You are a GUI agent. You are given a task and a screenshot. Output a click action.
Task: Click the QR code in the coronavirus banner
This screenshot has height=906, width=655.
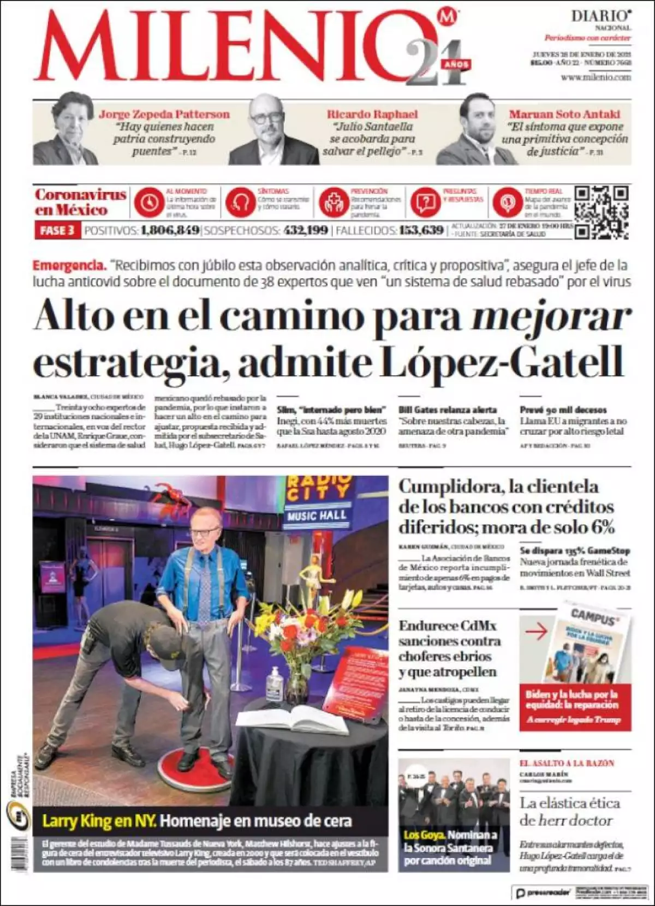pyautogui.click(x=601, y=212)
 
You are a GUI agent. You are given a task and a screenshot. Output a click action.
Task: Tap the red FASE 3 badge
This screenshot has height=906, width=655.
pyautogui.click(x=57, y=230)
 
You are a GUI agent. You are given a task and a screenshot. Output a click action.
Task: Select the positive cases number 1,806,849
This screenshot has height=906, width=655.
pyautogui.click(x=169, y=230)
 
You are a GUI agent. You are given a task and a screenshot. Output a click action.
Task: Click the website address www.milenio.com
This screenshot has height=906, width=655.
pyautogui.click(x=596, y=77)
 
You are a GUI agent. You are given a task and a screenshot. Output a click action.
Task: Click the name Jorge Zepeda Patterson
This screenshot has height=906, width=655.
pyautogui.click(x=164, y=115)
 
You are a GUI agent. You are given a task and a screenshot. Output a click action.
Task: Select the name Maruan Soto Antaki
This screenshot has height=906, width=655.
pyautogui.click(x=564, y=115)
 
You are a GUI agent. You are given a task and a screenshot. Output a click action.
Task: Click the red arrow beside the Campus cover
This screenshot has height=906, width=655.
pyautogui.click(x=536, y=632)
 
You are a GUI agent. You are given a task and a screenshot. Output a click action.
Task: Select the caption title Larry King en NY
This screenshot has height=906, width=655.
pyautogui.click(x=99, y=821)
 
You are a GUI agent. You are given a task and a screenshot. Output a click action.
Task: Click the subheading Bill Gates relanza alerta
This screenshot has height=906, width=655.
pyautogui.click(x=448, y=410)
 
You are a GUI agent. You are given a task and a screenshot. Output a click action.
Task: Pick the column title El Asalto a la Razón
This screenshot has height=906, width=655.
pyautogui.click(x=567, y=763)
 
